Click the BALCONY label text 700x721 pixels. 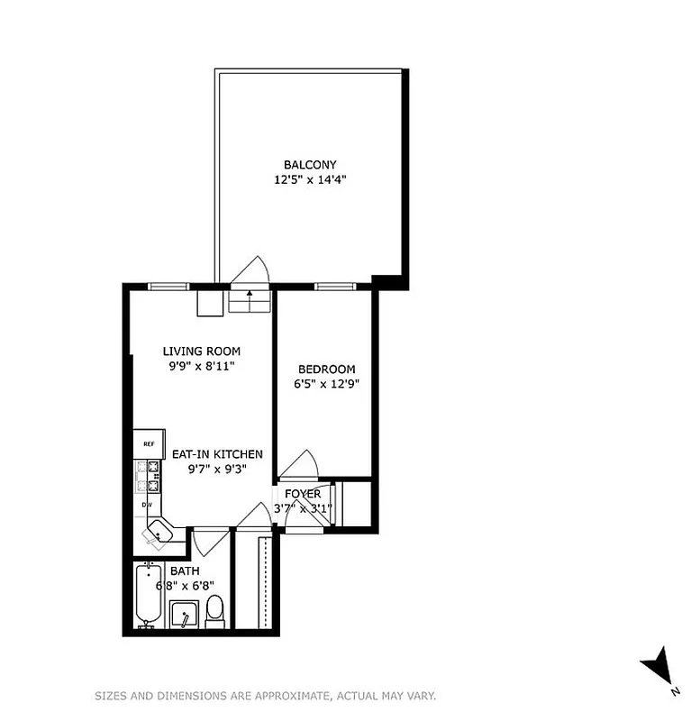pyautogui.click(x=310, y=165)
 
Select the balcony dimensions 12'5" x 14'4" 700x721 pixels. pyautogui.click(x=310, y=179)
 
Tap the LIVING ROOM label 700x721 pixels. pyautogui.click(x=201, y=351)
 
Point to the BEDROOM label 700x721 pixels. pyautogui.click(x=326, y=370)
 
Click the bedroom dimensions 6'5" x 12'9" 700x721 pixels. pyautogui.click(x=326, y=384)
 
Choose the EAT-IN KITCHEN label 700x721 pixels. pyautogui.click(x=217, y=454)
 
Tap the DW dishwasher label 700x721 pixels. pyautogui.click(x=146, y=505)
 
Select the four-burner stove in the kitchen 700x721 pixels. pyautogui.click(x=148, y=476)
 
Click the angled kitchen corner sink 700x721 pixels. pyautogui.click(x=159, y=534)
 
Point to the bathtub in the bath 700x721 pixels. pyautogui.click(x=148, y=595)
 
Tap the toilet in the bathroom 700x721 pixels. pyautogui.click(x=214, y=610)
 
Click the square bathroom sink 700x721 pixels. pyautogui.click(x=185, y=615)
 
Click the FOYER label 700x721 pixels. pyautogui.click(x=303, y=494)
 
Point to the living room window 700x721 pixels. pyautogui.click(x=168, y=287)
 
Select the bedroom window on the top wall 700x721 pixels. pyautogui.click(x=334, y=287)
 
